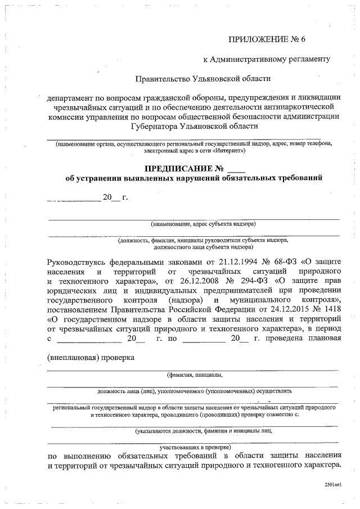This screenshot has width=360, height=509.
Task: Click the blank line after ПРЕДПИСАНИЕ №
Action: (237, 169)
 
